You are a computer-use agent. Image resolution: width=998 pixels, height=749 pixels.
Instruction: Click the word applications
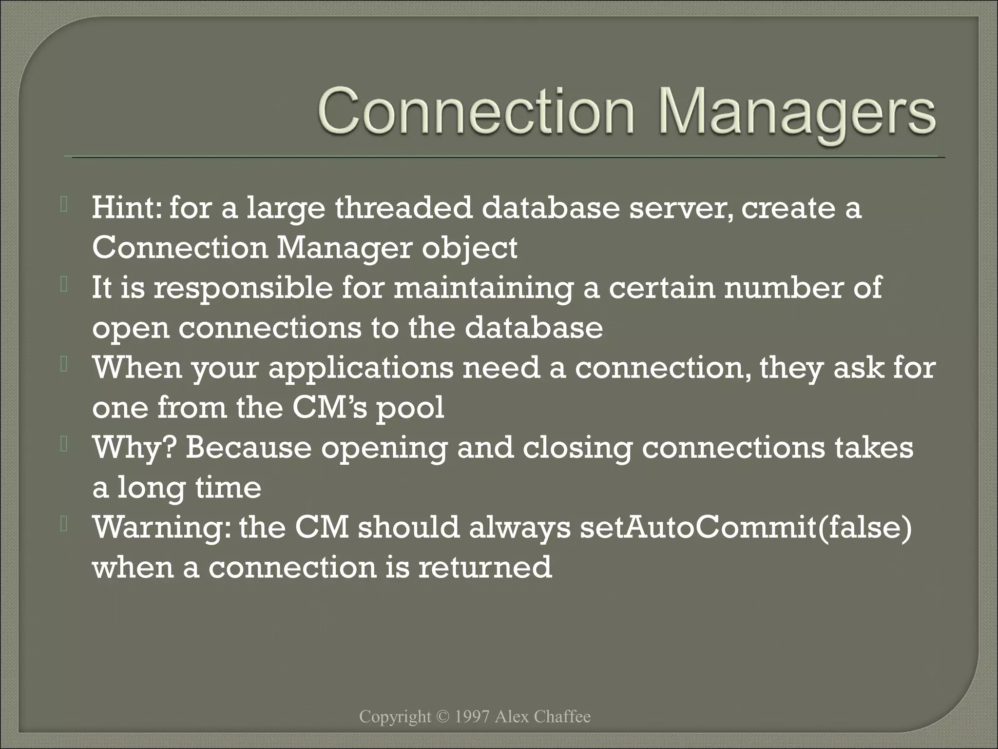361,369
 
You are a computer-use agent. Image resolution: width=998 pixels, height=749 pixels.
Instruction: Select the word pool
410,409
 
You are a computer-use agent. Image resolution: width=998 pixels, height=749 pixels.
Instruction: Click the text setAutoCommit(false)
746,528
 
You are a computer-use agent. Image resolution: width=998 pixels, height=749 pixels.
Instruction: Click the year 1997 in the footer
471,717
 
